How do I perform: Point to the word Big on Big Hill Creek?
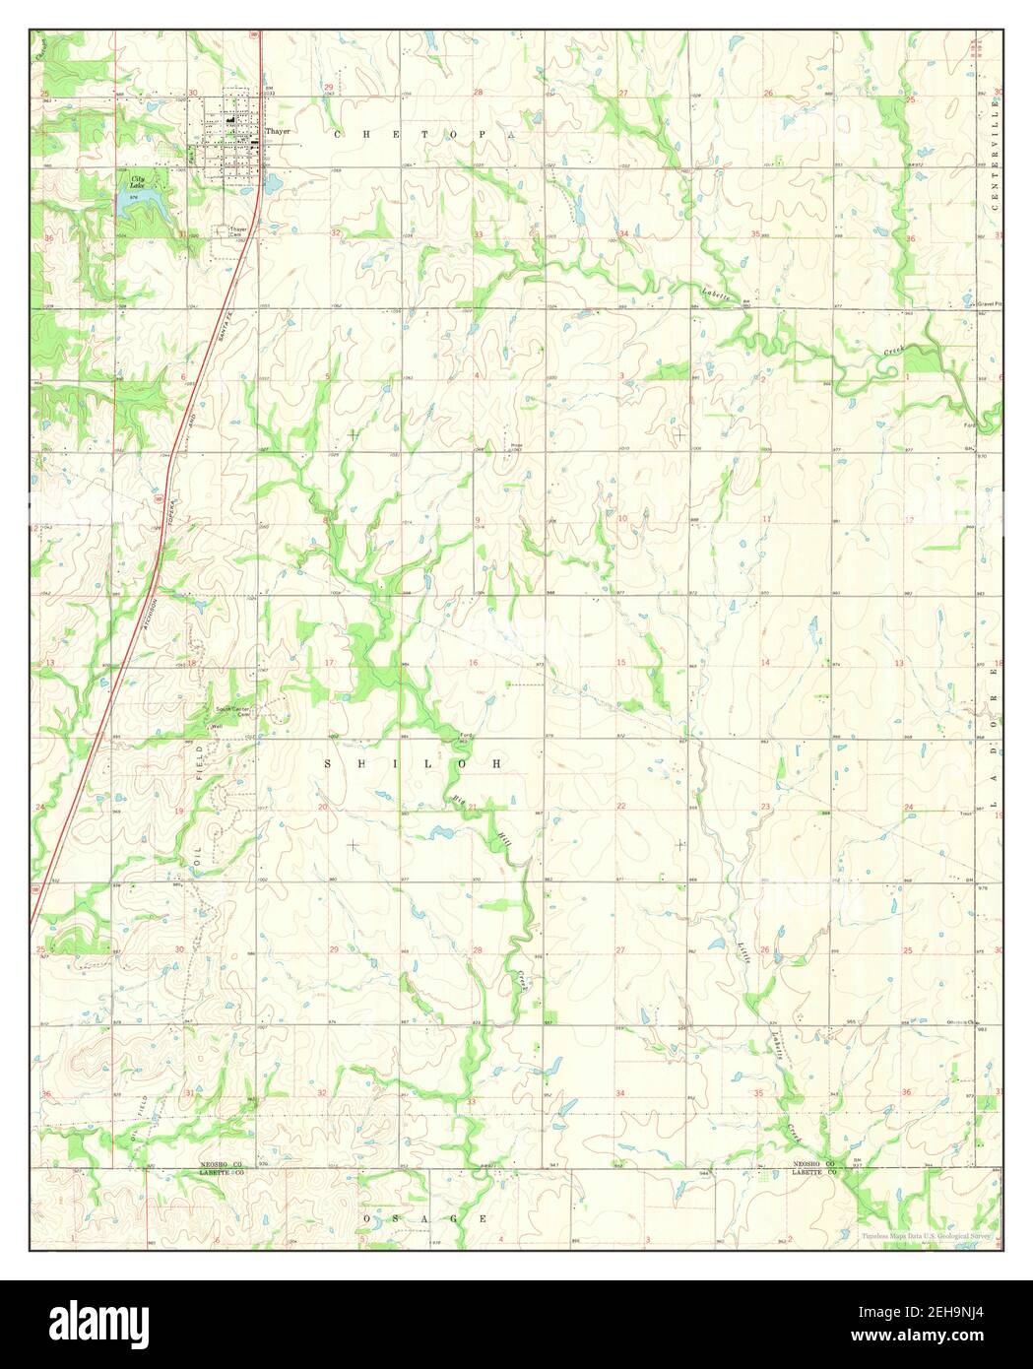pyautogui.click(x=457, y=798)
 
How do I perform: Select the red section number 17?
pyautogui.click(x=329, y=663)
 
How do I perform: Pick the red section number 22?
pyautogui.click(x=620, y=807)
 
